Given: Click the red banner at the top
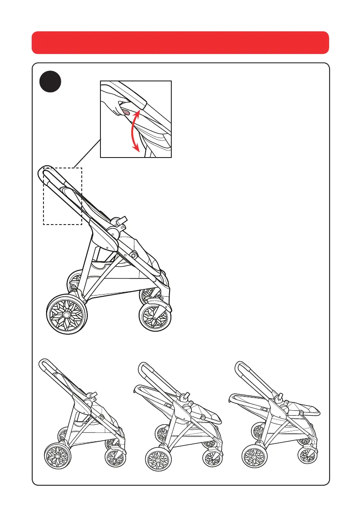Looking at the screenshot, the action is click(180, 42).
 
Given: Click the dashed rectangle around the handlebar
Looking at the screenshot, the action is click(63, 196).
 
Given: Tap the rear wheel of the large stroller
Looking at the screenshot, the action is click(66, 314).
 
